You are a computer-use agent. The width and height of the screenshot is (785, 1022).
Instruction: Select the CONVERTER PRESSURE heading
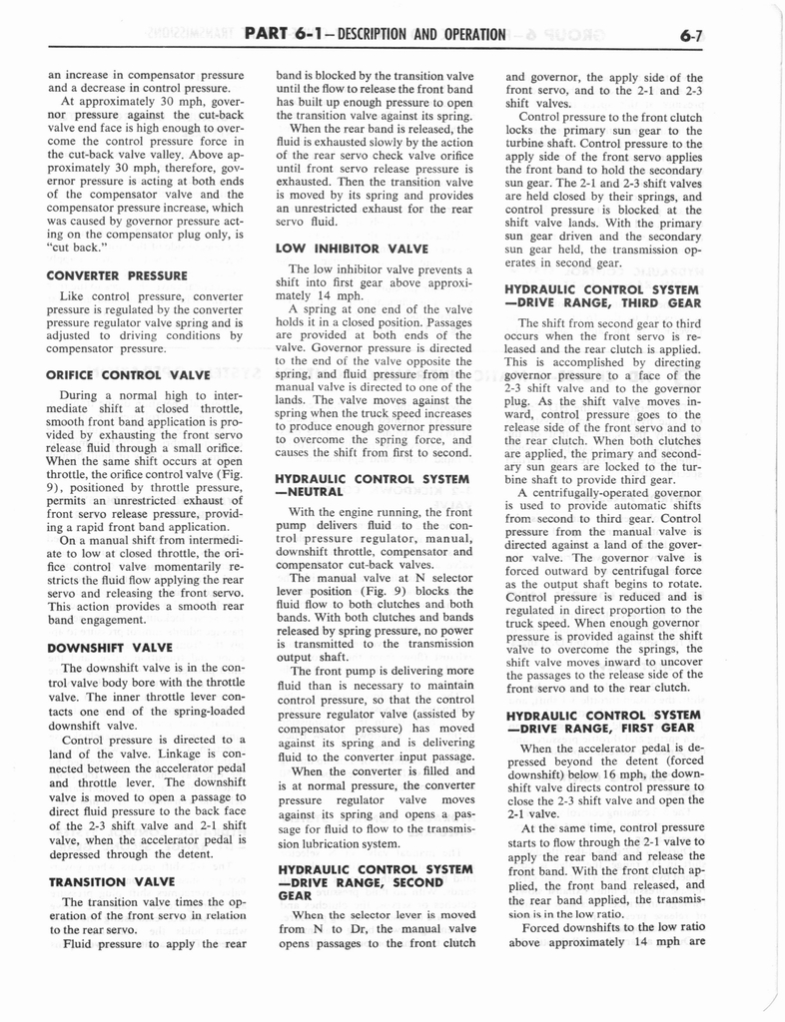click(x=117, y=274)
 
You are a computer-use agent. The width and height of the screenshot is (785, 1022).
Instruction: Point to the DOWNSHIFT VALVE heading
click(x=109, y=647)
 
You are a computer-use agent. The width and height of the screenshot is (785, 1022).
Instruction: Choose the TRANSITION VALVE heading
click(x=111, y=881)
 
